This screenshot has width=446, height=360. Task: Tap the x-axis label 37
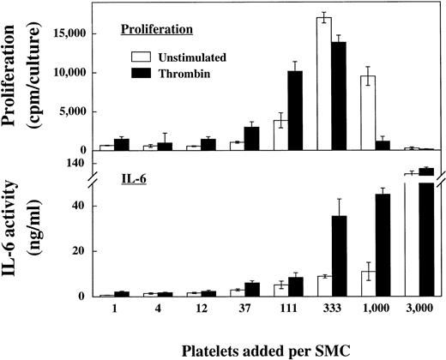pyautogui.click(x=226, y=309)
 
